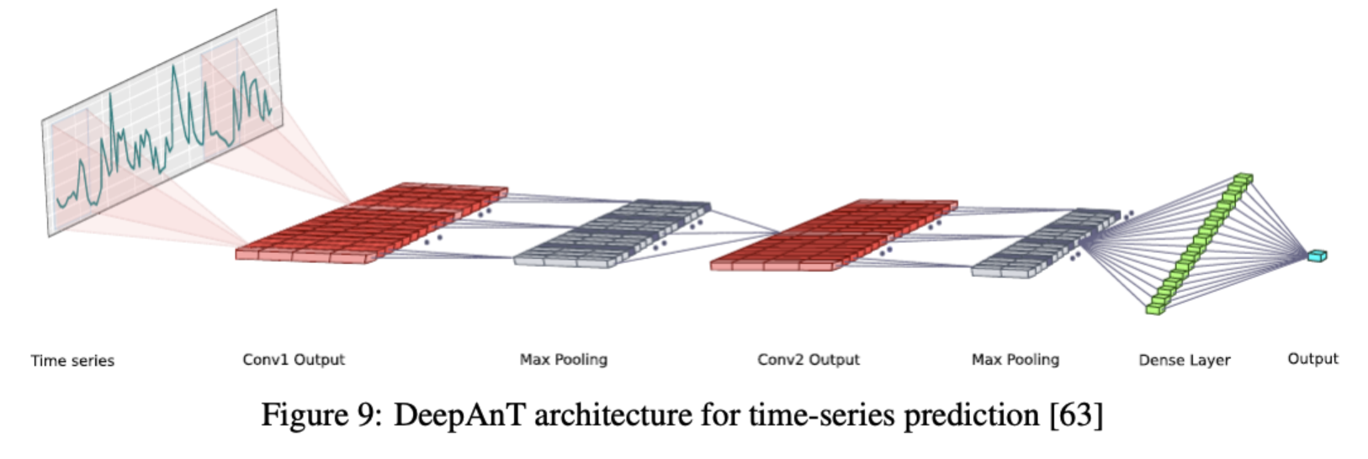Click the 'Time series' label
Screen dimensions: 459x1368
[x=72, y=361]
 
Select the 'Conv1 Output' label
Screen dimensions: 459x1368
[x=294, y=360]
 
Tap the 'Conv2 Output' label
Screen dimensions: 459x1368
[x=809, y=360]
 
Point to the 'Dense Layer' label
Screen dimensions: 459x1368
[x=1184, y=361]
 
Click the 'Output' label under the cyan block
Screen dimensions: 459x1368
[x=1312, y=359]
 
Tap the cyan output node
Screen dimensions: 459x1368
[x=1317, y=256]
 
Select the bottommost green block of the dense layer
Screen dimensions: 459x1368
[x=1154, y=309]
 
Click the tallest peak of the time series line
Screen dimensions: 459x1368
[x=174, y=68]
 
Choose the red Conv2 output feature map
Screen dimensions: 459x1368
[x=833, y=235]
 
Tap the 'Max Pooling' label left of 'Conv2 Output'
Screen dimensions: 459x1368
[x=563, y=360]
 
